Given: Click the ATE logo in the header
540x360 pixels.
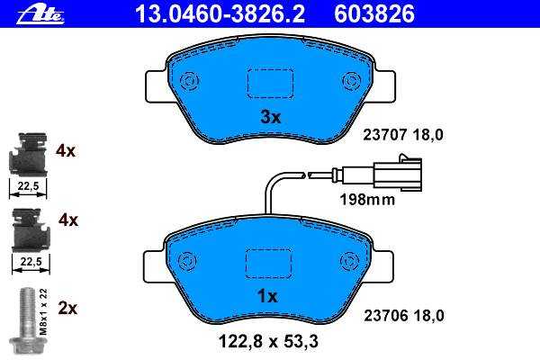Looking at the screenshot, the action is coord(40,15).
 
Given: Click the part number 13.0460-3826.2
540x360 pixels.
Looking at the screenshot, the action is coord(220,14).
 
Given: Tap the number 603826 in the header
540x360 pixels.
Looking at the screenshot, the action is coord(374,14).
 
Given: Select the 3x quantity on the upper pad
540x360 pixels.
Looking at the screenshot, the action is coord(270,118).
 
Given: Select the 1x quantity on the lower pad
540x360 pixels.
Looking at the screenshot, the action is coord(267,296).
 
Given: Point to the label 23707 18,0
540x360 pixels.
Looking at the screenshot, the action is coord(403,135).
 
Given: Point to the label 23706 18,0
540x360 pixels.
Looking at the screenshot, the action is coord(404,315).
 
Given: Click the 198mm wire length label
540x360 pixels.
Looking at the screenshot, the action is coord(367,200).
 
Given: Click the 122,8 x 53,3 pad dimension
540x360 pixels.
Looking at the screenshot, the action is coord(268,341).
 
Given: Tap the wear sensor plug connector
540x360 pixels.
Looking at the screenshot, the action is coord(397,173).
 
